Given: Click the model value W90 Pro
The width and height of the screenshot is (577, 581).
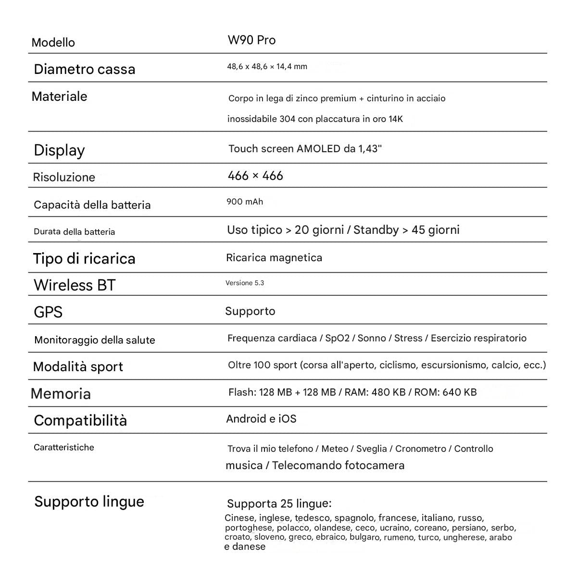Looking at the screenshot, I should pos(251,40).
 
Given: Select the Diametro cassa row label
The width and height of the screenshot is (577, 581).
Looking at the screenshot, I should pos(85,69).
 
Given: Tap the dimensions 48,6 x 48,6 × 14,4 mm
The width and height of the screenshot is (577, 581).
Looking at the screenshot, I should pos(267,67).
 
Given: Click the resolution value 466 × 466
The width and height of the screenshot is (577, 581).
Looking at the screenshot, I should pos(255,176).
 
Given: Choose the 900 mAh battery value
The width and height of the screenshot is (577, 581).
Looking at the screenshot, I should pos(245,202).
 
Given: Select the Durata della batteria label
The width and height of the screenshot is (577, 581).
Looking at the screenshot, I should pos(75,232).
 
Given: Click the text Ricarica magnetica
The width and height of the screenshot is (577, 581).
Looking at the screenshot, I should pos(274,258).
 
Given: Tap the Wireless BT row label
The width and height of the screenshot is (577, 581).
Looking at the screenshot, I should pos(75,285).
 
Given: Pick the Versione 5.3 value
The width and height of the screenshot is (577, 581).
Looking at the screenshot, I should pos(245,283).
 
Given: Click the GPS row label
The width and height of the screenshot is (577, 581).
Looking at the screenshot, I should pos(48,312).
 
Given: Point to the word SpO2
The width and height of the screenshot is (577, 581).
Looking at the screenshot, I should pos(337,338).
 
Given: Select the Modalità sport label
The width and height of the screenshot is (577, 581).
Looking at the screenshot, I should pos(78,367).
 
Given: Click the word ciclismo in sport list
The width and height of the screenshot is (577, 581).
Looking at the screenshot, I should pos(398,365).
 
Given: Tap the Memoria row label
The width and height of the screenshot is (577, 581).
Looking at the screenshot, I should pos(61,394).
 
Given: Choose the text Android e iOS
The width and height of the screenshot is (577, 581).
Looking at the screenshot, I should pos(261,419).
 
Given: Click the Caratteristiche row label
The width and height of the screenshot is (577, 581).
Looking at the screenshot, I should pos(64,448).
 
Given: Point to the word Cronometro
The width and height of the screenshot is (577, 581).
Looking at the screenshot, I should pos(420,449).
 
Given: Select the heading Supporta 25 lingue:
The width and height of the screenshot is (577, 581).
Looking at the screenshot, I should pos(279,504).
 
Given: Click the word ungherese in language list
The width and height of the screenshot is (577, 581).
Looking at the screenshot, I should pos(464,537).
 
